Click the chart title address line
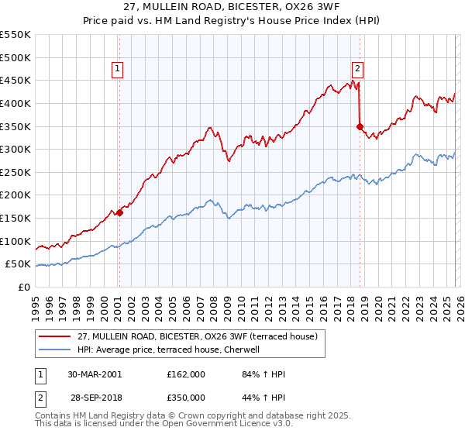(x=232, y=9)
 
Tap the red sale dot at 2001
(x=119, y=212)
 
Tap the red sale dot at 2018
(x=360, y=126)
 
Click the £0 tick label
(x=25, y=287)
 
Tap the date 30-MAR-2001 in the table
(x=95, y=374)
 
